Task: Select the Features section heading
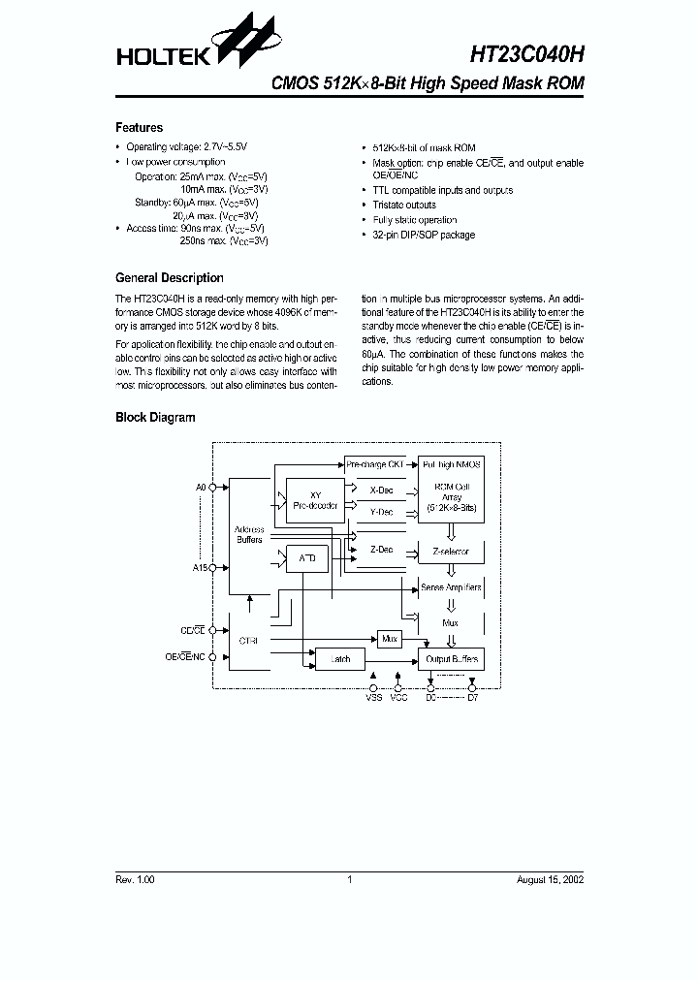coord(139,128)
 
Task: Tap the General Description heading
coord(169,278)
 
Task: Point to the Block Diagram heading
coord(155,418)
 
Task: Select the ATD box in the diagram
coord(306,558)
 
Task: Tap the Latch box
coord(340,659)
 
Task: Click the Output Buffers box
coord(452,659)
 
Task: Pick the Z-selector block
coord(450,551)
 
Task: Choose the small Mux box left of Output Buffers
coord(390,639)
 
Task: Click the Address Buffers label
coord(248,535)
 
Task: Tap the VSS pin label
coord(373,696)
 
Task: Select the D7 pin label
coord(472,696)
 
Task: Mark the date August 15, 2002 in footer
coord(551,880)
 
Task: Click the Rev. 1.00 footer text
coord(135,880)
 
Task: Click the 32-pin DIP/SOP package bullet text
coord(424,235)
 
